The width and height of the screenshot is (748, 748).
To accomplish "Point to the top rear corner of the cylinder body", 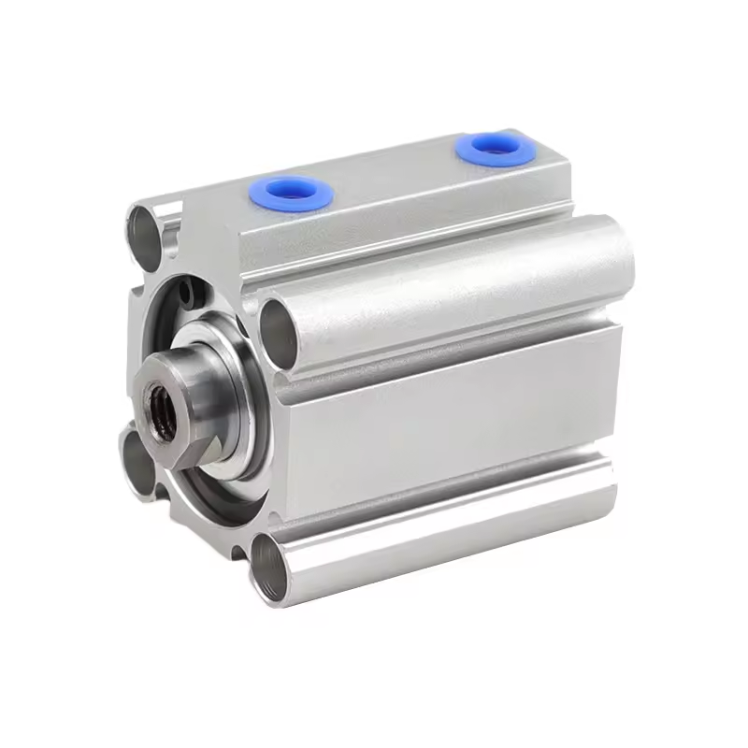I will (x=561, y=150).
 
